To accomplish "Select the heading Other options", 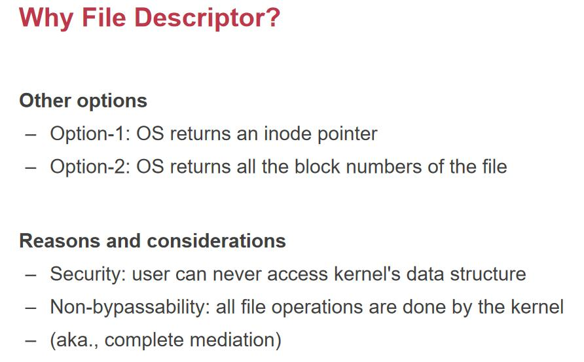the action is (x=83, y=101).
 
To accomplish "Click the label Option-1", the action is (x=90, y=134).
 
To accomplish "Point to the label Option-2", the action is (x=90, y=166).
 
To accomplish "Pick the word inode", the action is (x=287, y=134).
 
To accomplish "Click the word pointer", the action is (x=348, y=134).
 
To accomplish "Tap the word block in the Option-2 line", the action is (x=317, y=166).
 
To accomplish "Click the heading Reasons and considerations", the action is (x=153, y=241).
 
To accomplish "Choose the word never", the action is (x=236, y=274).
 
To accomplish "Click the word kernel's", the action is (x=367, y=274).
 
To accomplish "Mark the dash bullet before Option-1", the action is (x=31, y=135).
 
